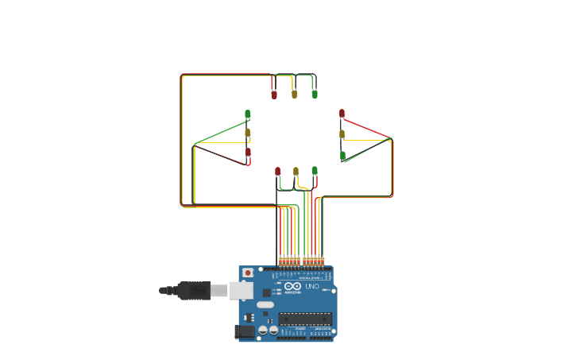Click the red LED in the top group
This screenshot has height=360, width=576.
(274, 95)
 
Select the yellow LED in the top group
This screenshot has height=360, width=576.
(294, 94)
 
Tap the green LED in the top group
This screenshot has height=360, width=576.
(315, 94)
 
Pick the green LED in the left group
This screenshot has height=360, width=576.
(248, 114)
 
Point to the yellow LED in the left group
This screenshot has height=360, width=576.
(248, 133)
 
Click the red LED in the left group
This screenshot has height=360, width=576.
(248, 152)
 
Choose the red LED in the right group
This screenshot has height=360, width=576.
(342, 114)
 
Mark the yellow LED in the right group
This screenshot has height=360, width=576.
(342, 134)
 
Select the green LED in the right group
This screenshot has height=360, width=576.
(342, 156)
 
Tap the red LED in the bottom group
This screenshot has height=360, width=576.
(278, 171)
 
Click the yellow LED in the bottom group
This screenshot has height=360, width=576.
(296, 171)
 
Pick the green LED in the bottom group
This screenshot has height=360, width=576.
(315, 170)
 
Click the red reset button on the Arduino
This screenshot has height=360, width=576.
(248, 273)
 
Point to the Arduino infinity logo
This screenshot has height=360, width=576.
(292, 286)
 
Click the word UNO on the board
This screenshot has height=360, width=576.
(311, 286)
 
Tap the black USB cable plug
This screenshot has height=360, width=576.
(194, 291)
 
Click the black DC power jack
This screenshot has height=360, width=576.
(245, 331)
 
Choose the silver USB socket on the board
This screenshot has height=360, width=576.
(241, 291)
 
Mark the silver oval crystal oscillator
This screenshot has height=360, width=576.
(265, 304)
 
